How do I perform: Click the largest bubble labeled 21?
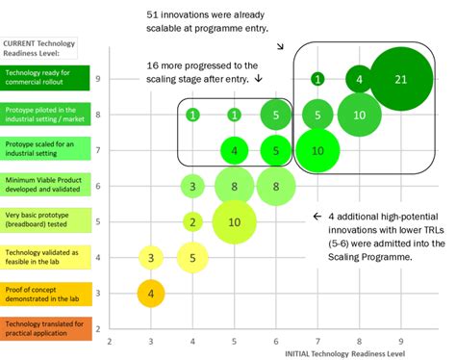[x=400, y=79]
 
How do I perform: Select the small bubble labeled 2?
[x=193, y=222]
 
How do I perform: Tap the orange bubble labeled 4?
[x=151, y=293]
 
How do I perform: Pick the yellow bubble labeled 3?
[x=151, y=257]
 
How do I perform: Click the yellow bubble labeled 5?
[x=193, y=257]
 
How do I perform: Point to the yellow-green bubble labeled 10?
[x=235, y=221]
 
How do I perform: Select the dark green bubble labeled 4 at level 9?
[x=359, y=79]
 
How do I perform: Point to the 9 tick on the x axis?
[x=400, y=342]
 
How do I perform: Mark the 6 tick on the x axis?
[x=276, y=342]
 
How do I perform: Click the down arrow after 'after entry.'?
[x=259, y=80]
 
